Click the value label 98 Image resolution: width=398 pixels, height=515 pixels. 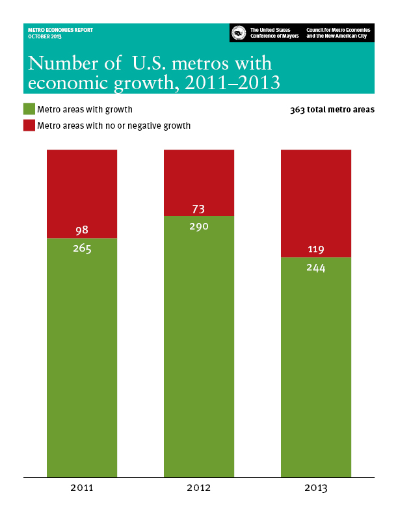tap(82, 230)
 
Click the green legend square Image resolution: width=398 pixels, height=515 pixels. tap(29, 109)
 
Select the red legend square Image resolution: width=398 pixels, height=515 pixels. tap(29, 125)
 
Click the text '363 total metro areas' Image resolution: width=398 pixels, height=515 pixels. tap(332, 110)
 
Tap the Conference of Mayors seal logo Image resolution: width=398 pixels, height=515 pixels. tap(239, 33)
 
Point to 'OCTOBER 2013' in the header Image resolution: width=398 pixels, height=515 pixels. tap(43, 36)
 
